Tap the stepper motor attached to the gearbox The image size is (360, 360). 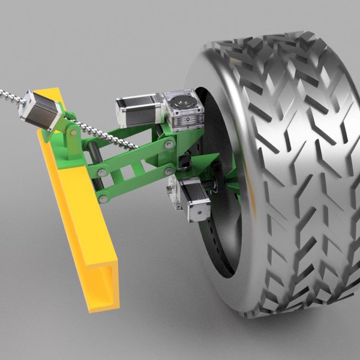point(139,112)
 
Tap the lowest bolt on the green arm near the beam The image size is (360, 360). point(103,197)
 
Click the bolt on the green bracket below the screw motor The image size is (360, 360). point(72,131)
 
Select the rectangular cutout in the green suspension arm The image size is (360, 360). point(127,174)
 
